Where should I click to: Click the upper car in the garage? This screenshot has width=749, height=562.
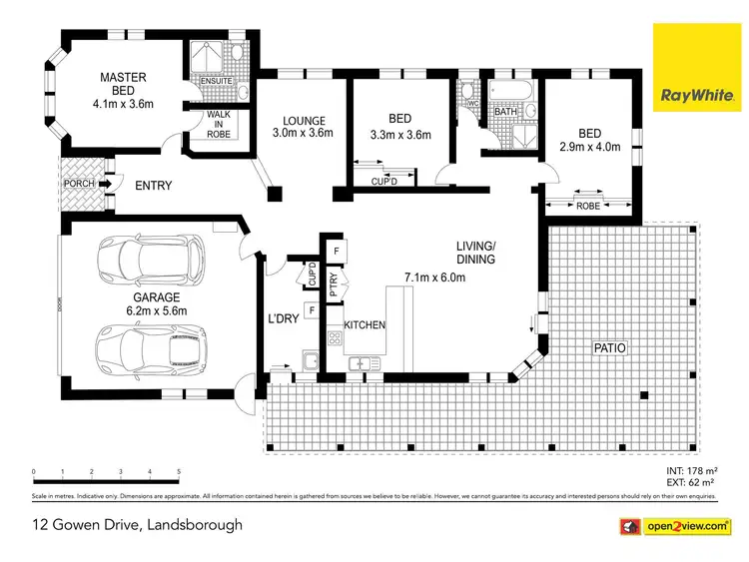pos(149,257)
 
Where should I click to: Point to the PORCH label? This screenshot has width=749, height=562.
pos(78,184)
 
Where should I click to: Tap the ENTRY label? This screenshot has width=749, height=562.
pos(153,186)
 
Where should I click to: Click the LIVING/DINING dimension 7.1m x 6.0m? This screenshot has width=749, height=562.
pos(434,278)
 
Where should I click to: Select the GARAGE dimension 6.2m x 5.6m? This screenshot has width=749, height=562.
pos(158,310)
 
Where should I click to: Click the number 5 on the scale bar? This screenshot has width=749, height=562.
pos(179,471)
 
